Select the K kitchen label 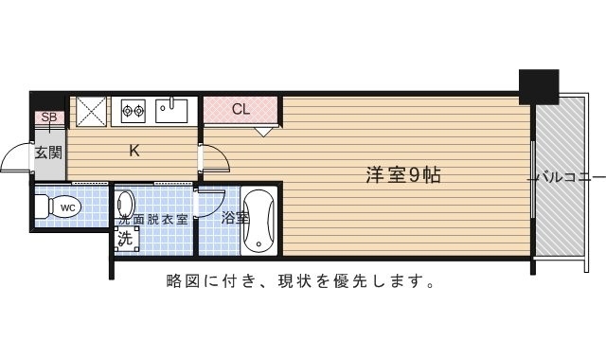tap(134, 149)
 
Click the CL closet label tap(241, 109)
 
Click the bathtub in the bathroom tap(258, 222)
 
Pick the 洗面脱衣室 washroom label tap(153, 219)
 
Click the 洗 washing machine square tap(124, 239)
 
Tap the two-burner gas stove tap(132, 110)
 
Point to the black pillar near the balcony tap(538, 86)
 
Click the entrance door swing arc tap(16, 158)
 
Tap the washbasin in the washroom tap(127, 204)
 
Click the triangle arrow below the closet tap(262, 132)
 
